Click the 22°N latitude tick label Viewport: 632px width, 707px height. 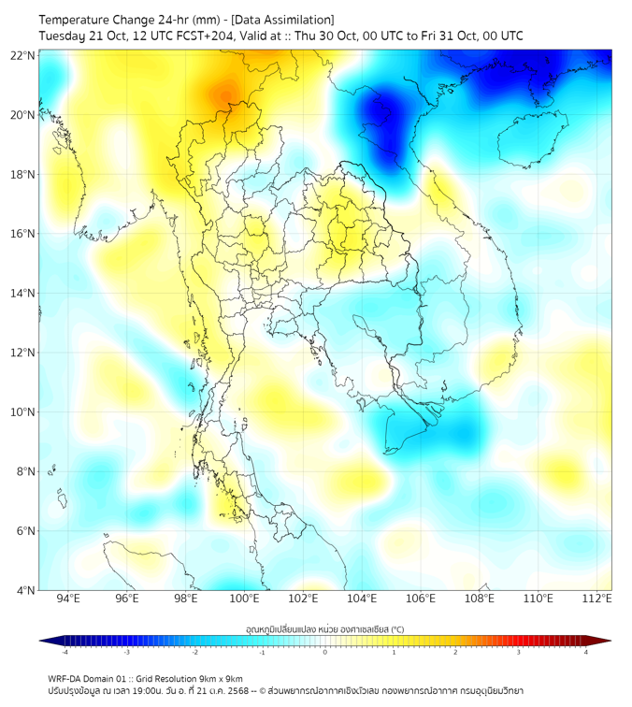point(23,55)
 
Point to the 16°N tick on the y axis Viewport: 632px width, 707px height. point(23,234)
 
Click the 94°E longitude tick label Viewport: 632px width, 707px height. point(68,599)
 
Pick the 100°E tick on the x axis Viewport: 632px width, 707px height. point(245,599)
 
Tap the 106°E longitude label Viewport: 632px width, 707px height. point(421,599)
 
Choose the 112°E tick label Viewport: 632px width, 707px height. point(597,599)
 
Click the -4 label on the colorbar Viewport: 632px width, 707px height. point(64,653)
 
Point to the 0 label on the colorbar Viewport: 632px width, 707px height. point(325,653)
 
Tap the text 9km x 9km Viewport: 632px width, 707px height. point(218,678)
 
